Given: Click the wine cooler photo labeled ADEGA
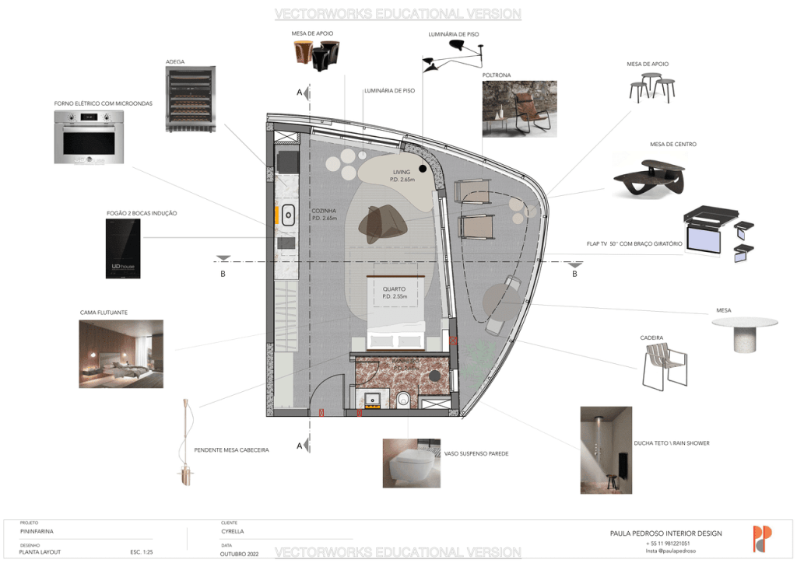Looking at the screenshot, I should tap(190, 100).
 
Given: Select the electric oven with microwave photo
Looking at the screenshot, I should tap(90, 137).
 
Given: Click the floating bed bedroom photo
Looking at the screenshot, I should tap(121, 354).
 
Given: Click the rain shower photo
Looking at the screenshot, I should tap(606, 449).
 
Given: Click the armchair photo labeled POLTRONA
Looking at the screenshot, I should tap(519, 109).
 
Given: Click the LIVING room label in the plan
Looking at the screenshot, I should tap(402, 173).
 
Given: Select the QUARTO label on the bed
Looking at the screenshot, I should tap(394, 289).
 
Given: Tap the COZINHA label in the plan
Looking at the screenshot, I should tap(324, 211).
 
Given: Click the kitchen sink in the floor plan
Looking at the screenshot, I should tap(287, 214).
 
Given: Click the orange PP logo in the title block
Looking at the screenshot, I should tap(762, 539).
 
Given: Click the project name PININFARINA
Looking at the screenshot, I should tap(37, 531).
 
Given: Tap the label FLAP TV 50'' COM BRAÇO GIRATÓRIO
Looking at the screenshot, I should tap(634, 244).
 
